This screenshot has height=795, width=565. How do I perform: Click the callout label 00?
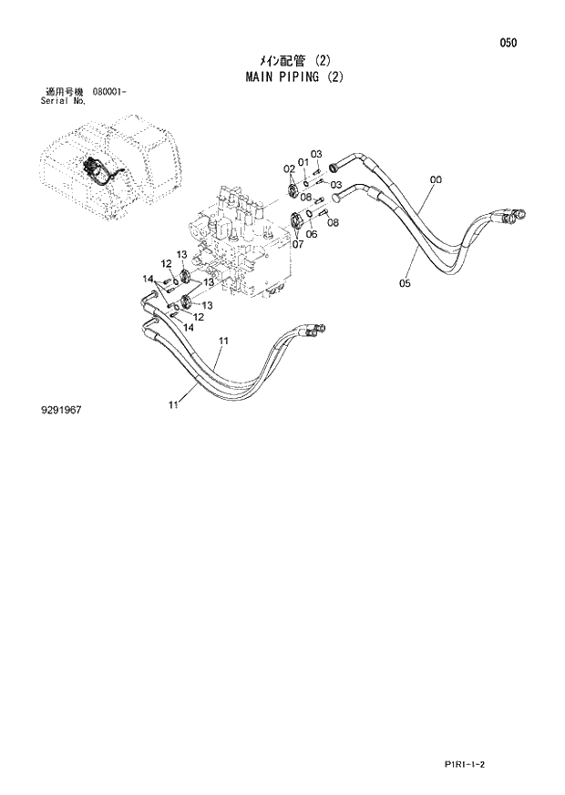click(436, 180)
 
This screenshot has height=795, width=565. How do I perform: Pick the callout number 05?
click(405, 283)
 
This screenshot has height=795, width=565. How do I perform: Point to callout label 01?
click(303, 163)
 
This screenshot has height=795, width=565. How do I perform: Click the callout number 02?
click(288, 168)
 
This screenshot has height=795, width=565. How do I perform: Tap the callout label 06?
click(312, 233)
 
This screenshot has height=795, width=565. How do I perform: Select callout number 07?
click(297, 243)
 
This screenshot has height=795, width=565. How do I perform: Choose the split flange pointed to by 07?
click(298, 219)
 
